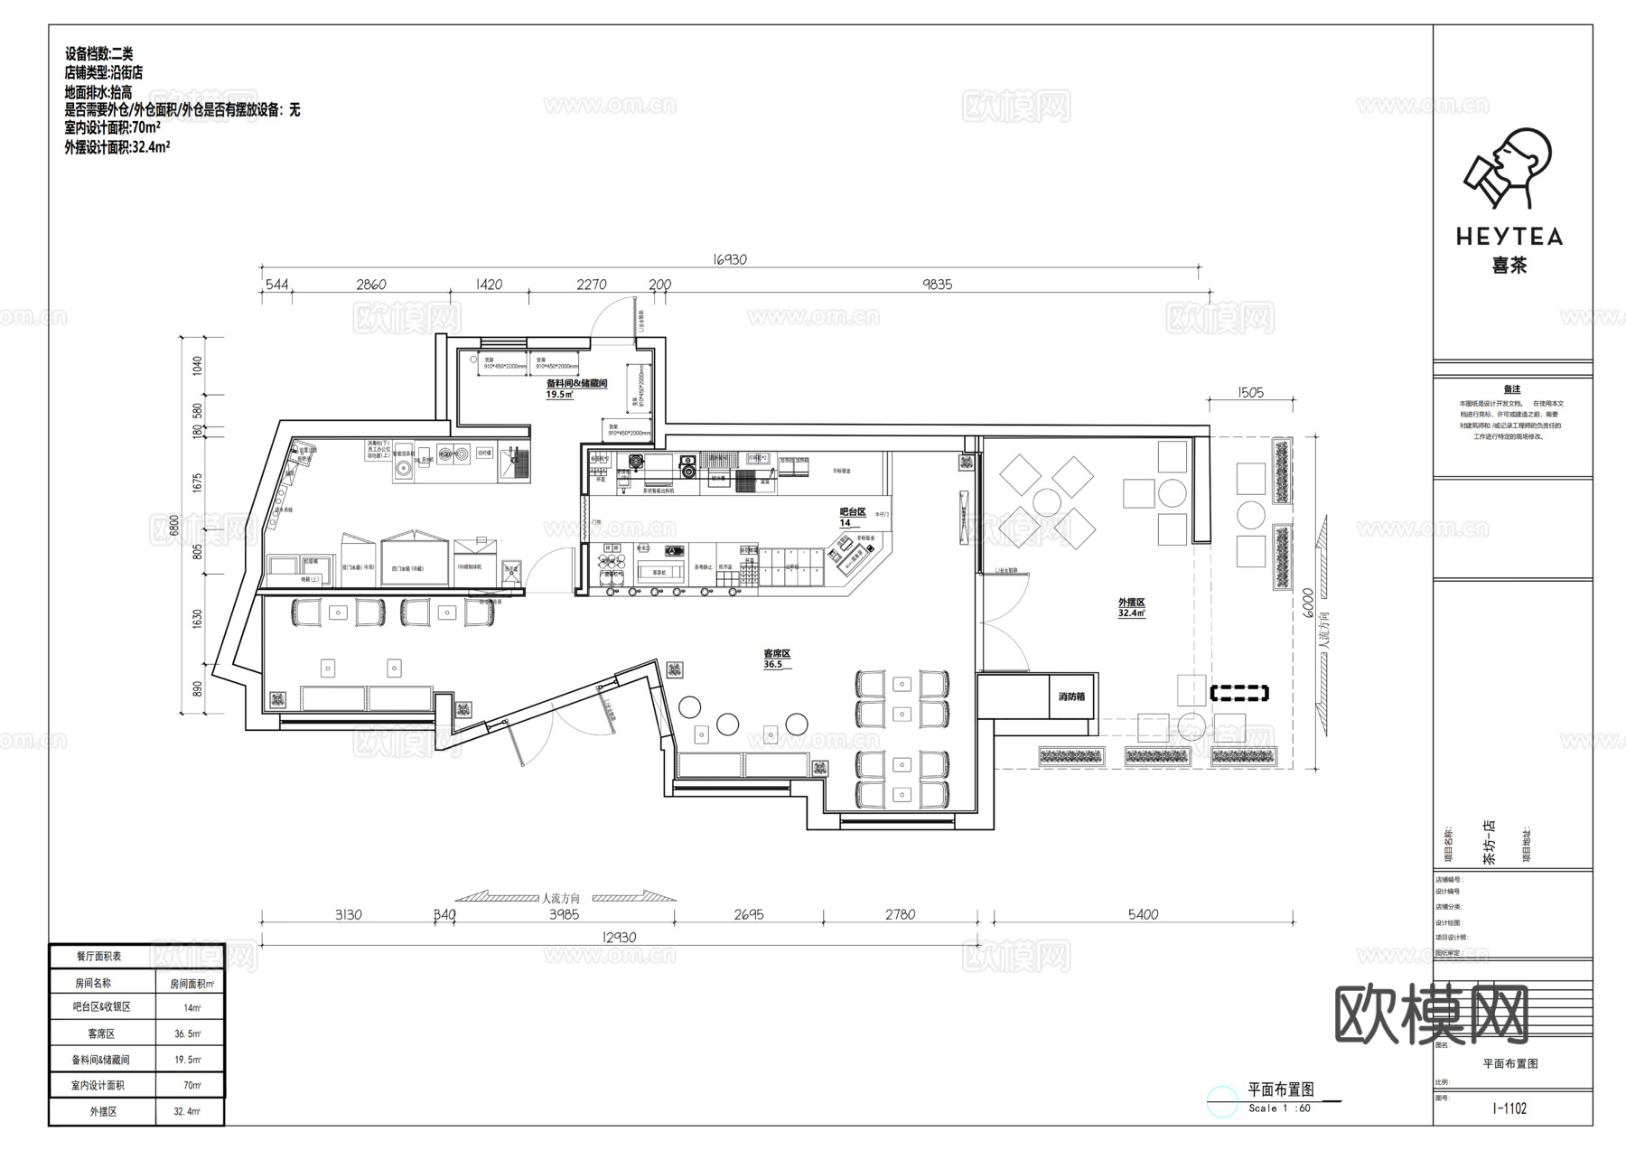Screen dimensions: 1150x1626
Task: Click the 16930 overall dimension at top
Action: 730,259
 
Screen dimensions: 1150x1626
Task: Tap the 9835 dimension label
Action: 937,285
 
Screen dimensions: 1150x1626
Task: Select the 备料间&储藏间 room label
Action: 576,383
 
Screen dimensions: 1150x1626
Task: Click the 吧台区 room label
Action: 853,512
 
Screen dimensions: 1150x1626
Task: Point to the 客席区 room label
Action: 777,653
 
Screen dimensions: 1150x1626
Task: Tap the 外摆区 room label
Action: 1131,603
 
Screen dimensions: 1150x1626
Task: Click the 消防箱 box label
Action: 1071,697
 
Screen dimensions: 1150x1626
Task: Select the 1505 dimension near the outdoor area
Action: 1250,393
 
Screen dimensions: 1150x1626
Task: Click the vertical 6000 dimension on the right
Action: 1307,603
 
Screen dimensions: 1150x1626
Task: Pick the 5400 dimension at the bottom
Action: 1143,914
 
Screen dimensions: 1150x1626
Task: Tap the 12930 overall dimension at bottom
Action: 619,938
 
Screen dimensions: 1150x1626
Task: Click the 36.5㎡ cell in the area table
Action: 187,1033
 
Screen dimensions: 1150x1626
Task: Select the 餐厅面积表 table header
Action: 99,956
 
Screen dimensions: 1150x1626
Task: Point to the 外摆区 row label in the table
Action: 103,1111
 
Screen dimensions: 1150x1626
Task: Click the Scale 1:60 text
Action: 1279,1108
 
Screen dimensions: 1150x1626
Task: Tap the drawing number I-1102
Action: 1509,1108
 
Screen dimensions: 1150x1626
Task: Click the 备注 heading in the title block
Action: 1511,389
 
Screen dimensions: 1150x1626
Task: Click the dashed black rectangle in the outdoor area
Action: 1239,694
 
